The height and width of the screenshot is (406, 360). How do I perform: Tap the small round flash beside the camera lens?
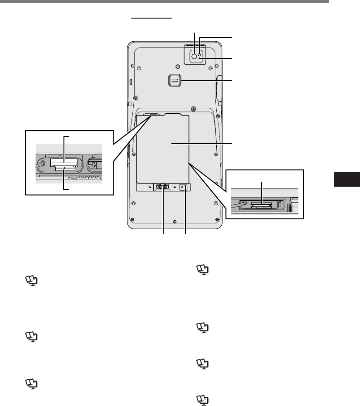(x=200, y=51)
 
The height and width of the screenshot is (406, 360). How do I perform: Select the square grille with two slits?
(x=174, y=81)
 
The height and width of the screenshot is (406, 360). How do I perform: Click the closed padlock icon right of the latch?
(x=175, y=186)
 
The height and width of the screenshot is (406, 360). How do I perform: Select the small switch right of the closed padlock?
(x=183, y=187)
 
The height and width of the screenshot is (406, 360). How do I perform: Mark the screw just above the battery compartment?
(x=194, y=109)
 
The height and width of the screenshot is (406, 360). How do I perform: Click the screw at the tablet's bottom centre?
(x=175, y=222)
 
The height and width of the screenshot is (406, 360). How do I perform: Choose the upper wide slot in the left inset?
(x=63, y=162)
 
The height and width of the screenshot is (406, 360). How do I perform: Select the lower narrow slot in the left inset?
(x=64, y=168)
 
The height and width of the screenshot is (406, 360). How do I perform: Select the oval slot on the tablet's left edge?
(x=131, y=83)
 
